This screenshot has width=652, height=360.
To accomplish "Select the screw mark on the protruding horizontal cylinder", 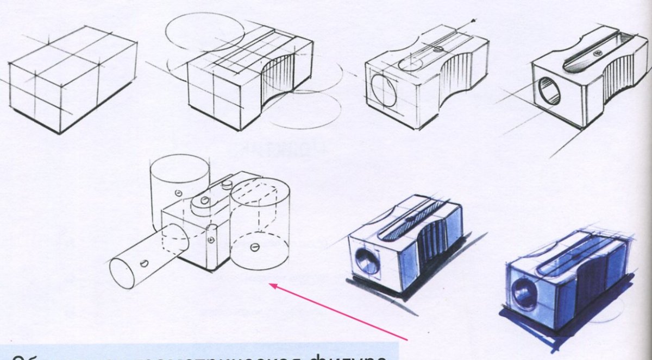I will tap(144, 264).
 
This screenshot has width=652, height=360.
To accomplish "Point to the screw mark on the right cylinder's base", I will tap(254, 247).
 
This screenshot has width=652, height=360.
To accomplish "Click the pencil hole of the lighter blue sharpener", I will tap(367, 262).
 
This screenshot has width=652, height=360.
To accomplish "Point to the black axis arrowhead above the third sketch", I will tap(474, 22).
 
